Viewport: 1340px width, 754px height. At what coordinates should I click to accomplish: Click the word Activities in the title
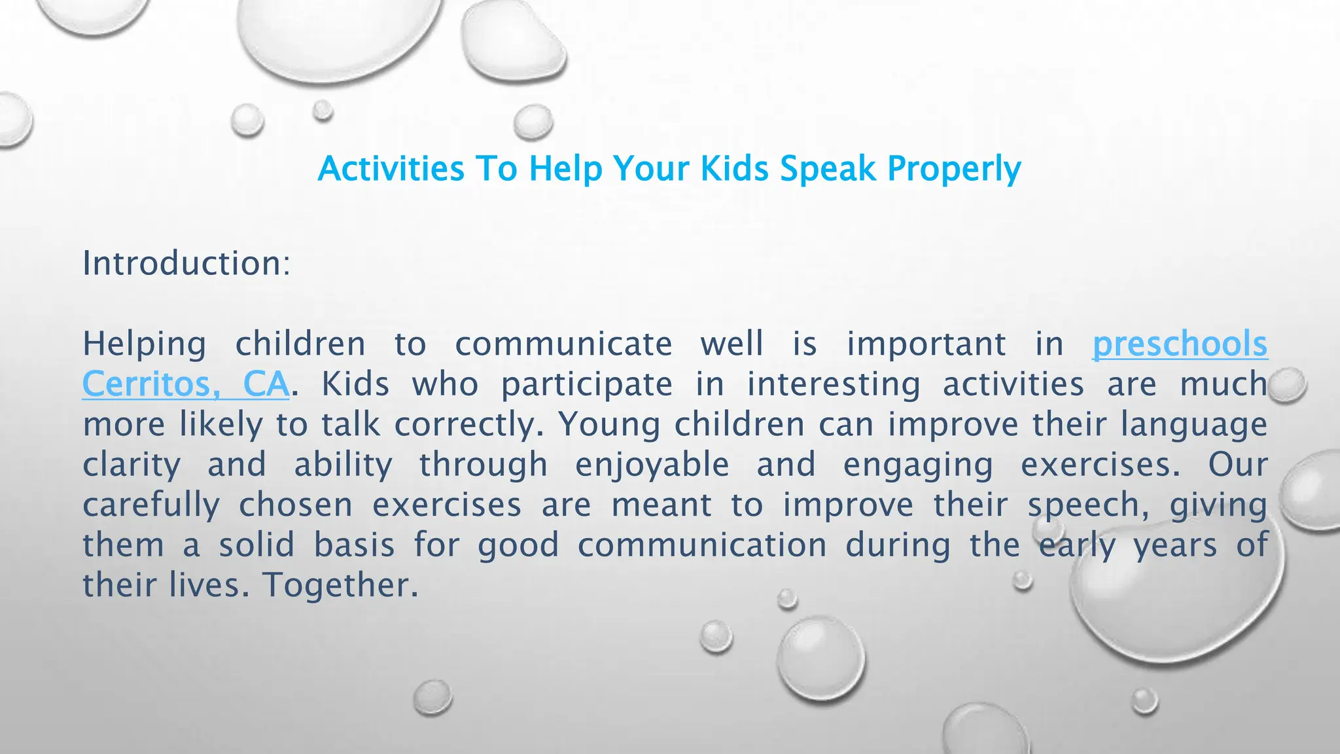391,169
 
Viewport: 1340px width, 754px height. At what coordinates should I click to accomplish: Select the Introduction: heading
186,263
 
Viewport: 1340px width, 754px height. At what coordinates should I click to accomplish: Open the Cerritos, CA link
185,384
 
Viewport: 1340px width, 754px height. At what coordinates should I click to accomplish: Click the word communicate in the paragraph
563,344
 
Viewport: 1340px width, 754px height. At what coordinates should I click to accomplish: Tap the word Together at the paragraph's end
340,584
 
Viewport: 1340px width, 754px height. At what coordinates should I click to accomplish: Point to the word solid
256,545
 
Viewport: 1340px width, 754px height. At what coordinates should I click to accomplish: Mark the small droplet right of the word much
1287,385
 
